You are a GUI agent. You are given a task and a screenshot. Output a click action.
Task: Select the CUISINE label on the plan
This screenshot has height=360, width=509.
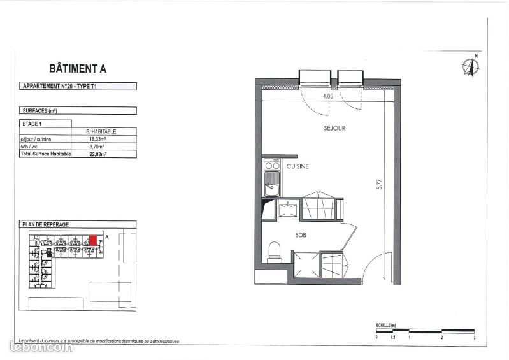[x=298, y=166]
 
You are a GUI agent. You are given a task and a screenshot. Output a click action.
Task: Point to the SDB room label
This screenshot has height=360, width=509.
[x=301, y=234]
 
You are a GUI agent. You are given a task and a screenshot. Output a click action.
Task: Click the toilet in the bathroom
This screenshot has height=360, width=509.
[x=275, y=250]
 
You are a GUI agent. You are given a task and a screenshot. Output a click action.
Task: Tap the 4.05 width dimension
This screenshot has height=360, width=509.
[x=329, y=96]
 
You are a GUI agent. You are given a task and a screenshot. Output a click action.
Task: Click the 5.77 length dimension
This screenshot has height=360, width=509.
[x=379, y=185]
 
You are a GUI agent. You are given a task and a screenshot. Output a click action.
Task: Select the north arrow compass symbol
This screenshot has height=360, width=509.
[x=471, y=66]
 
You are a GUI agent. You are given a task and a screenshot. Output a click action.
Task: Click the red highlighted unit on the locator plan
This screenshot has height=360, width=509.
[x=93, y=240]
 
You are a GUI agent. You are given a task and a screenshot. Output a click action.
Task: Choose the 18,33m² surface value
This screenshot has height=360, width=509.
[x=96, y=139]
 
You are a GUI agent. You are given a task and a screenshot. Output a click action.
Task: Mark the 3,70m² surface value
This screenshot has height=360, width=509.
[x=96, y=147]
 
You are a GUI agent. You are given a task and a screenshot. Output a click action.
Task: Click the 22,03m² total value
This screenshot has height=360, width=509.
[x=96, y=154]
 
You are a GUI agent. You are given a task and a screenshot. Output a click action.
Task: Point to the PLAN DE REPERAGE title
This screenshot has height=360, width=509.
[x=45, y=224]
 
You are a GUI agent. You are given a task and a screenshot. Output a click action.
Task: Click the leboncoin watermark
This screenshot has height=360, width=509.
[x=39, y=347]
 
